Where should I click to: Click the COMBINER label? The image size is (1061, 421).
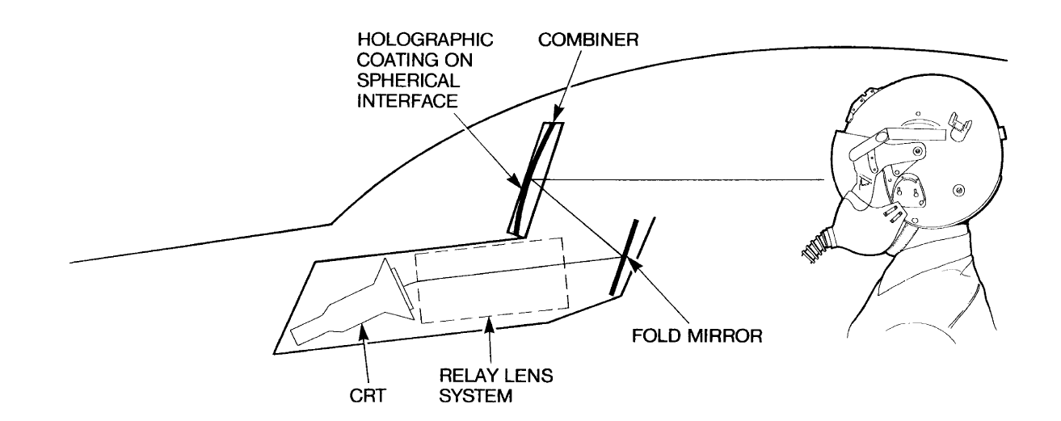tap(588, 40)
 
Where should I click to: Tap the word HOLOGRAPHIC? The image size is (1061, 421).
tap(425, 40)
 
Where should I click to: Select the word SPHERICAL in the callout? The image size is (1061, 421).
tap(408, 81)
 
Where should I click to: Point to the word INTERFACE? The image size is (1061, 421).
tap(407, 101)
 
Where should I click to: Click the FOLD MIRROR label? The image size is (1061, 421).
tap(697, 336)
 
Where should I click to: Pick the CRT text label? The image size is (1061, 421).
tap(368, 395)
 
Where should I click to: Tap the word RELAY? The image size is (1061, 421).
tap(469, 376)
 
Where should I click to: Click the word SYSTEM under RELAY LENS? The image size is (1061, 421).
tap(476, 395)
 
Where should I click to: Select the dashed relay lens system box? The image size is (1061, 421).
tap(491, 280)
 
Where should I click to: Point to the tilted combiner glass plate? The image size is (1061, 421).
tap(535, 179)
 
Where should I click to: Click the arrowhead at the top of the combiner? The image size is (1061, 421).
tap(558, 116)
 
